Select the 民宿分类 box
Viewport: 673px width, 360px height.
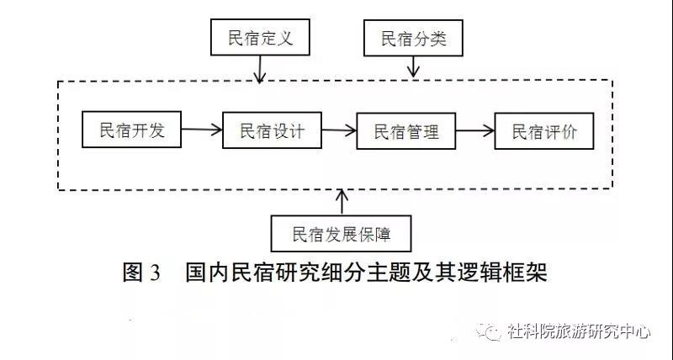pyautogui.click(x=412, y=38)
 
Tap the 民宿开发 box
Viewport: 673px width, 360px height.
pyautogui.click(x=132, y=130)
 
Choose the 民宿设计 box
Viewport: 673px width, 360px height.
pyautogui.click(x=272, y=130)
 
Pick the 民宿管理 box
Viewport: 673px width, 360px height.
pyautogui.click(x=405, y=131)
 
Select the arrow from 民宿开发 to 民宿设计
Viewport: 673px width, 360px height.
pyautogui.click(x=202, y=130)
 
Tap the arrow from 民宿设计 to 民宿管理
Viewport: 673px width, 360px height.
pyautogui.click(x=338, y=130)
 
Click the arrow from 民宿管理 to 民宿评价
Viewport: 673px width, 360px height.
pyautogui.click(x=474, y=131)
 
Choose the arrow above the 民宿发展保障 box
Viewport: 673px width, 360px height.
pyautogui.click(x=341, y=200)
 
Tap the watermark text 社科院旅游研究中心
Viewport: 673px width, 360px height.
pyautogui.click(x=579, y=332)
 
